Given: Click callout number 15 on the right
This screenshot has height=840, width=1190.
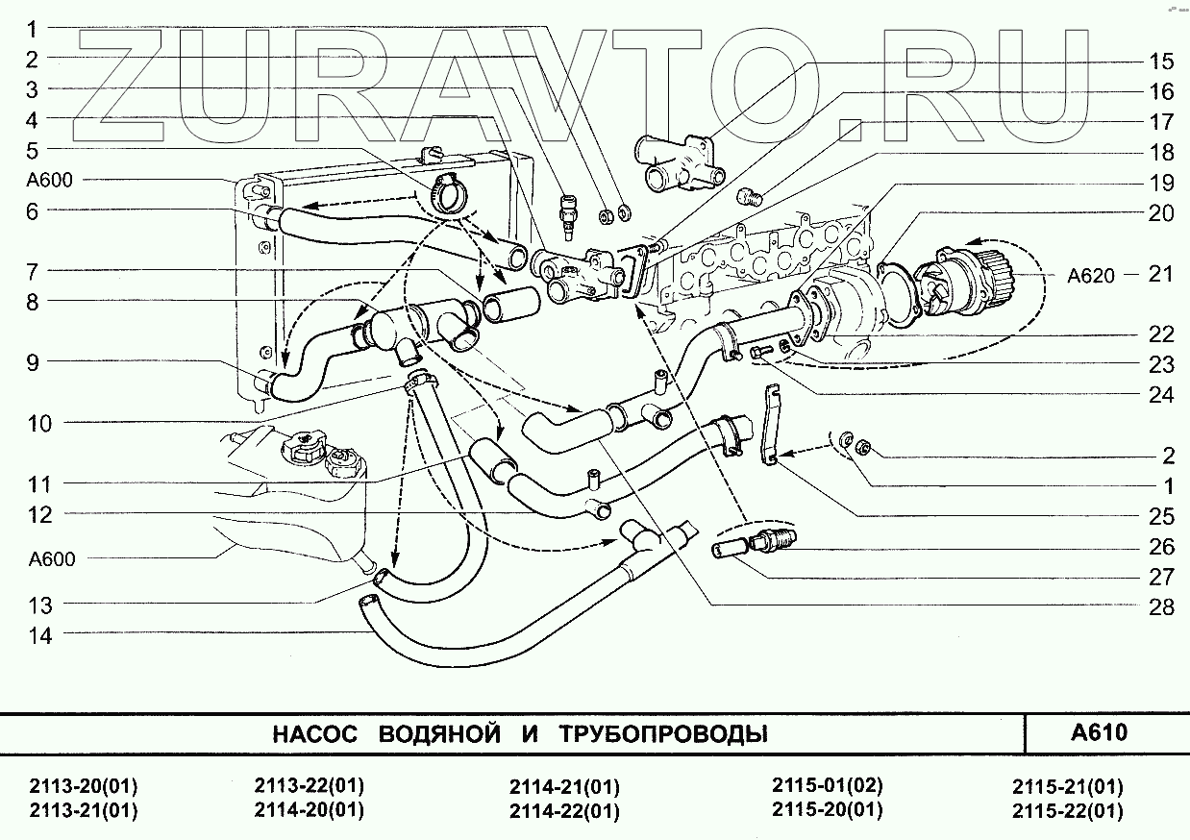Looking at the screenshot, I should [1161, 62].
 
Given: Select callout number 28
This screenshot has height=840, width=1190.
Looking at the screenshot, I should [1161, 606].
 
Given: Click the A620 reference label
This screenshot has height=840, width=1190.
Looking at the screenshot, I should [1090, 276].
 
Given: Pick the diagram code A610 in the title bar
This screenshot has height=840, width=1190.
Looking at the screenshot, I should [1099, 733].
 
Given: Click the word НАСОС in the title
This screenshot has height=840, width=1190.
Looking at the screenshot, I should [315, 735].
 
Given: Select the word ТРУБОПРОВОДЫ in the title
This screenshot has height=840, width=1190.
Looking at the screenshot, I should [662, 735].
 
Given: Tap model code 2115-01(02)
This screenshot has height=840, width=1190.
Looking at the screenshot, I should [827, 785].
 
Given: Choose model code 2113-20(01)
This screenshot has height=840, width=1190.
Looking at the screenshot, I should [84, 785].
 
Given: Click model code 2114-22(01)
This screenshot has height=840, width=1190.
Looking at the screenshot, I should [564, 811].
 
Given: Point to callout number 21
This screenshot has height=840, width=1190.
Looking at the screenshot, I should [1161, 274].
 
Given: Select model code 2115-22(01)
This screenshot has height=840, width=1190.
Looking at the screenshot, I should [1067, 811].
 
